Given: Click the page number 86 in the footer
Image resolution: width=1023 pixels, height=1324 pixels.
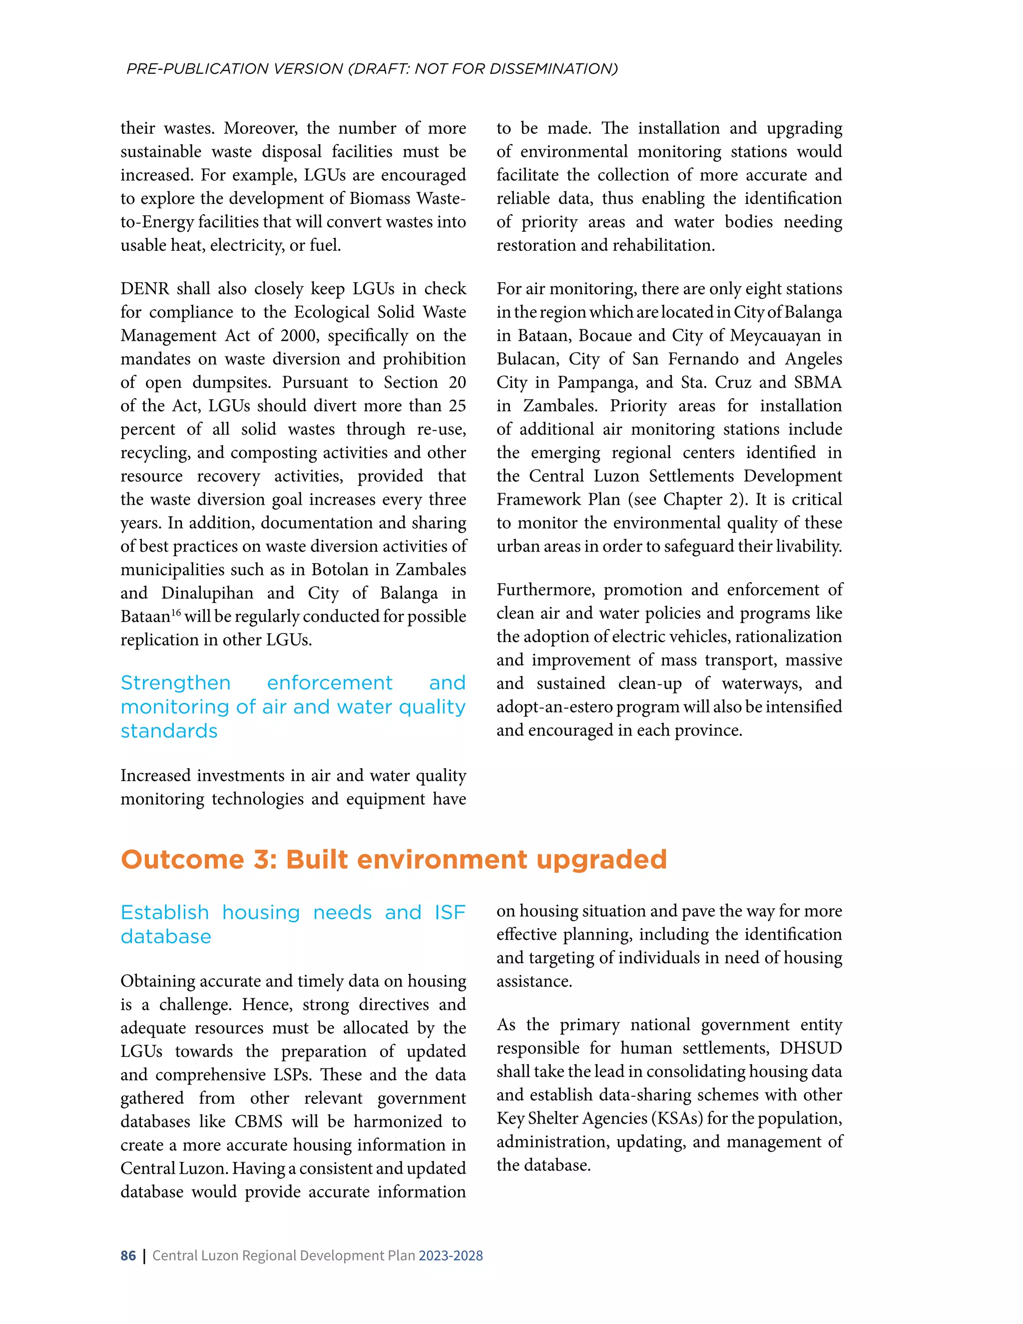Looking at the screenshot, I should point(128,1255).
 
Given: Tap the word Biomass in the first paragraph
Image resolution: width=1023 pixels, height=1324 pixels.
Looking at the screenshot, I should point(380,198).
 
